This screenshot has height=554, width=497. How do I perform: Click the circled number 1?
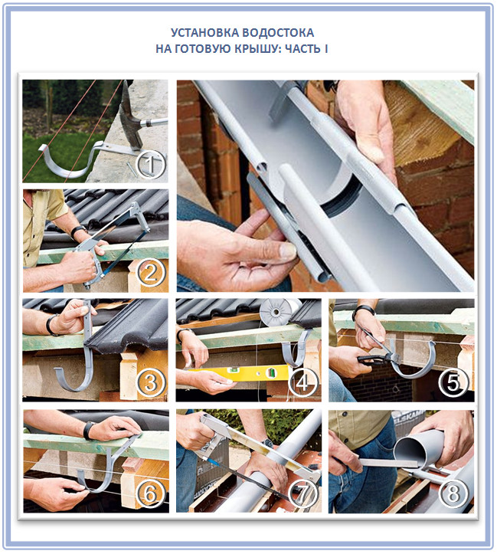pyautogui.click(x=151, y=165)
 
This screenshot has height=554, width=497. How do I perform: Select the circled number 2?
pyautogui.click(x=151, y=273)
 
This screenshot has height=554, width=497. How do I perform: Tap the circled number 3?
pyautogui.click(x=151, y=383)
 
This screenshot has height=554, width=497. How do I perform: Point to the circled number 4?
pyautogui.click(x=302, y=383)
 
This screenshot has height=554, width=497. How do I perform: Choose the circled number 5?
pyautogui.click(x=454, y=383)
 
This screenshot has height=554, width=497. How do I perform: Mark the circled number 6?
pyautogui.click(x=151, y=494)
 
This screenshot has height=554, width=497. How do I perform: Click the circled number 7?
pyautogui.click(x=302, y=494)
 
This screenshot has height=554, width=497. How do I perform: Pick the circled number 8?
pyautogui.click(x=454, y=494)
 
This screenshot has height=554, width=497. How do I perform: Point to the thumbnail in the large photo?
pyautogui.click(x=287, y=251)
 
